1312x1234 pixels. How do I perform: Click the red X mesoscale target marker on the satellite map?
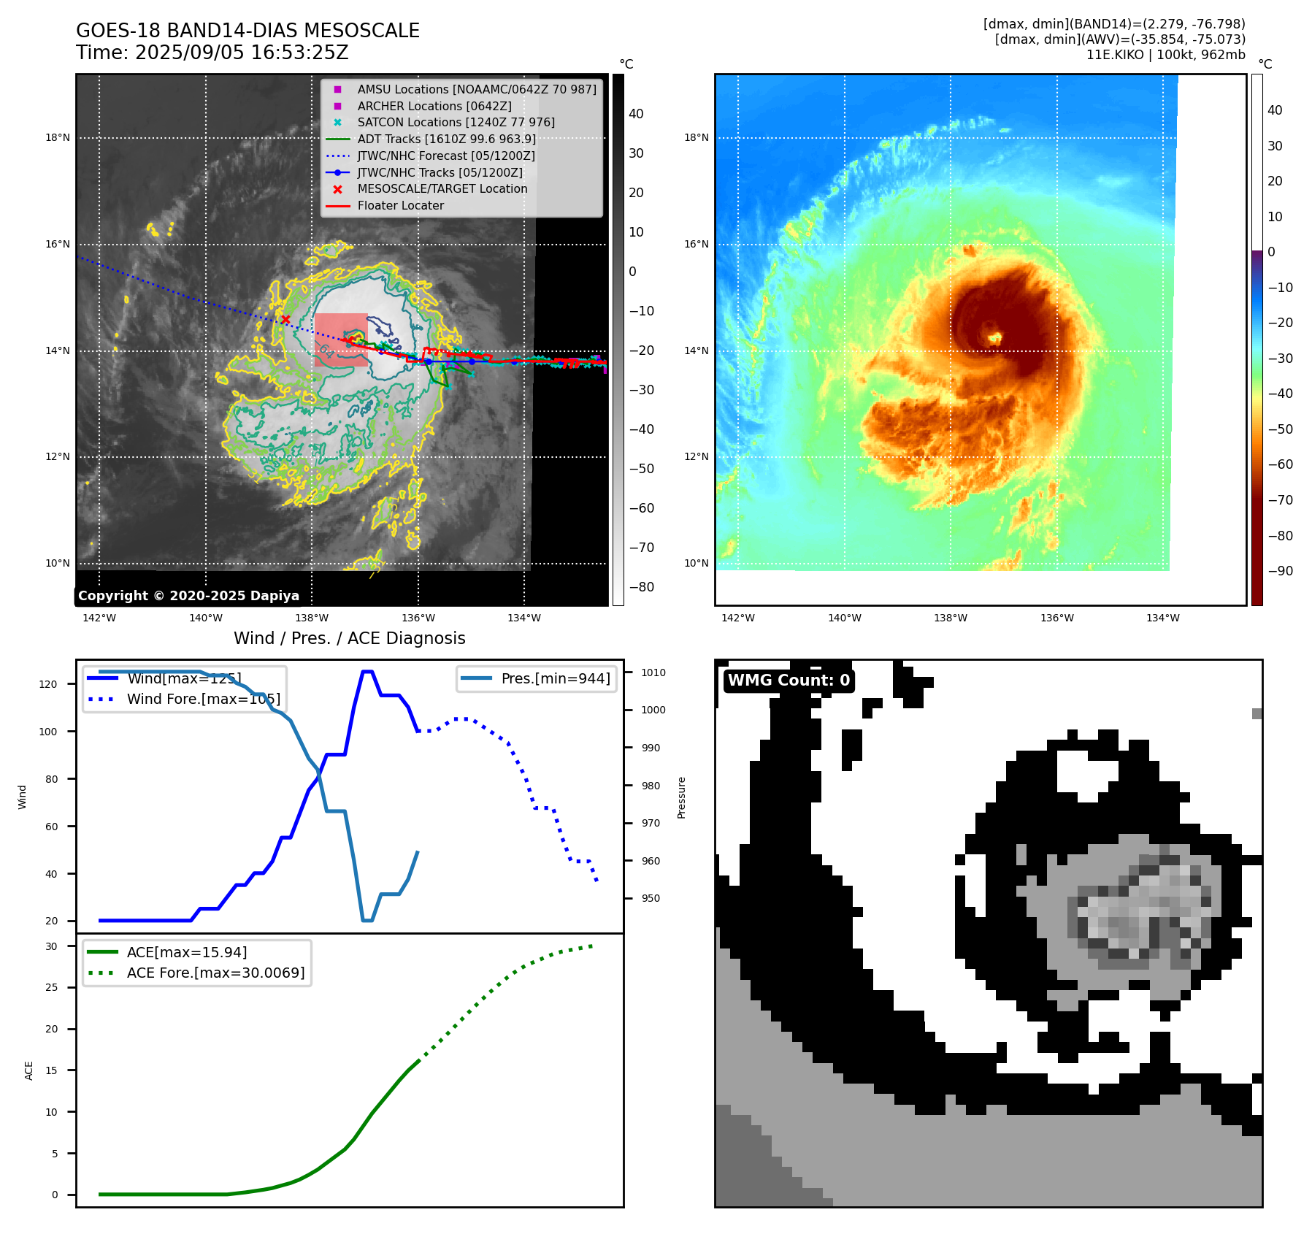click(x=285, y=319)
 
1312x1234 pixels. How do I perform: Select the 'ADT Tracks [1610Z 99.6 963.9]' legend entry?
click(x=446, y=139)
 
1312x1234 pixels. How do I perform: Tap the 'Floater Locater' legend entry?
click(x=400, y=206)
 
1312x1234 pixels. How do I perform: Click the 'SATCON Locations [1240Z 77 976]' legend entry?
click(x=456, y=123)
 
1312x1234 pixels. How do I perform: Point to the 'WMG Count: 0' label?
click(x=789, y=681)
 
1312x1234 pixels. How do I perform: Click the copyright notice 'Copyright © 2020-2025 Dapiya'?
click(x=188, y=596)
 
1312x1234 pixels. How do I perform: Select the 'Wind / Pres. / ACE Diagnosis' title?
click(x=349, y=638)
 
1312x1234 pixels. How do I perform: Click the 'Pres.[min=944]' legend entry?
click(x=555, y=678)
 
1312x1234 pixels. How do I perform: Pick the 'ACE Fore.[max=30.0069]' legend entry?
click(x=215, y=973)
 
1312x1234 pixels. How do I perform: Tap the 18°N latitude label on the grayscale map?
click(x=58, y=138)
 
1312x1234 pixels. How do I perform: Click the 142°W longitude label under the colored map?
click(x=737, y=618)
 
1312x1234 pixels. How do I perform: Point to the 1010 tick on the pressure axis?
click(x=653, y=672)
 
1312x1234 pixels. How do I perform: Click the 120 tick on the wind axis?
click(x=48, y=684)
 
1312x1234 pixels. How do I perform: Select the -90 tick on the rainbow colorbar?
click(x=1280, y=571)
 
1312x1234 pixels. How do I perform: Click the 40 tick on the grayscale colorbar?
click(x=636, y=114)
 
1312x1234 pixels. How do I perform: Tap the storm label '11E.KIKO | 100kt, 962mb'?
click(x=1165, y=55)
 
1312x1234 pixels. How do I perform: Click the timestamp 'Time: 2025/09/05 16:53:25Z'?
click(x=212, y=53)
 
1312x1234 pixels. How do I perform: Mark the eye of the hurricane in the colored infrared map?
click(x=994, y=337)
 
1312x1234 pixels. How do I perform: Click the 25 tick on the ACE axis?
click(x=51, y=987)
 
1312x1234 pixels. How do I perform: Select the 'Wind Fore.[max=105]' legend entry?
click(x=203, y=699)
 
